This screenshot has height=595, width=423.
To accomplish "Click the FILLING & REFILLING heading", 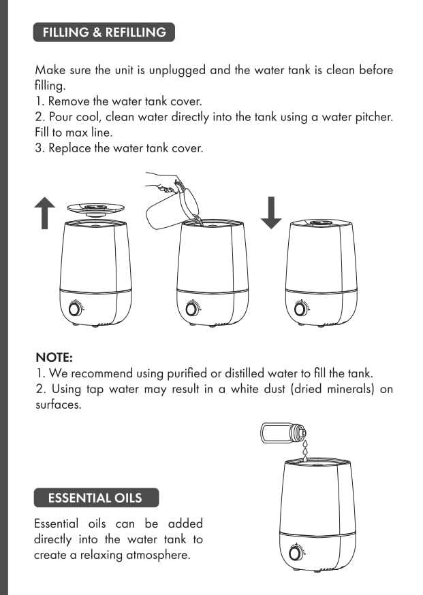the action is pyautogui.click(x=104, y=32).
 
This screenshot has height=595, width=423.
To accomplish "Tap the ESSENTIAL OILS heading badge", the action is pyautogui.click(x=96, y=498).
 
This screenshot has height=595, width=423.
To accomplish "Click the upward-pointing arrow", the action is pyautogui.click(x=45, y=213).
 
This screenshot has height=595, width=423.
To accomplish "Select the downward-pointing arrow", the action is pyautogui.click(x=271, y=212).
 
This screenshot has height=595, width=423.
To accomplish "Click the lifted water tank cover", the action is pyautogui.click(x=96, y=209).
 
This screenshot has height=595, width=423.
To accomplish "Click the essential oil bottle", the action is pyautogui.click(x=283, y=433).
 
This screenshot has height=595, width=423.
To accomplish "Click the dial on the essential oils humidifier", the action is pyautogui.click(x=295, y=554).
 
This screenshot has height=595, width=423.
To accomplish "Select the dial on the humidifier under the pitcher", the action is pyautogui.click(x=191, y=309).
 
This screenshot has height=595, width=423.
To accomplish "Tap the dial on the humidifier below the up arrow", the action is pyautogui.click(x=75, y=309).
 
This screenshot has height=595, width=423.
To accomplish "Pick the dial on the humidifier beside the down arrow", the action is pyautogui.click(x=300, y=309).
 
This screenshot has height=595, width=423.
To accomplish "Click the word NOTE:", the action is pyautogui.click(x=54, y=358).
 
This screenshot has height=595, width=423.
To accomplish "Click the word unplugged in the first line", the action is pyautogui.click(x=177, y=71).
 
